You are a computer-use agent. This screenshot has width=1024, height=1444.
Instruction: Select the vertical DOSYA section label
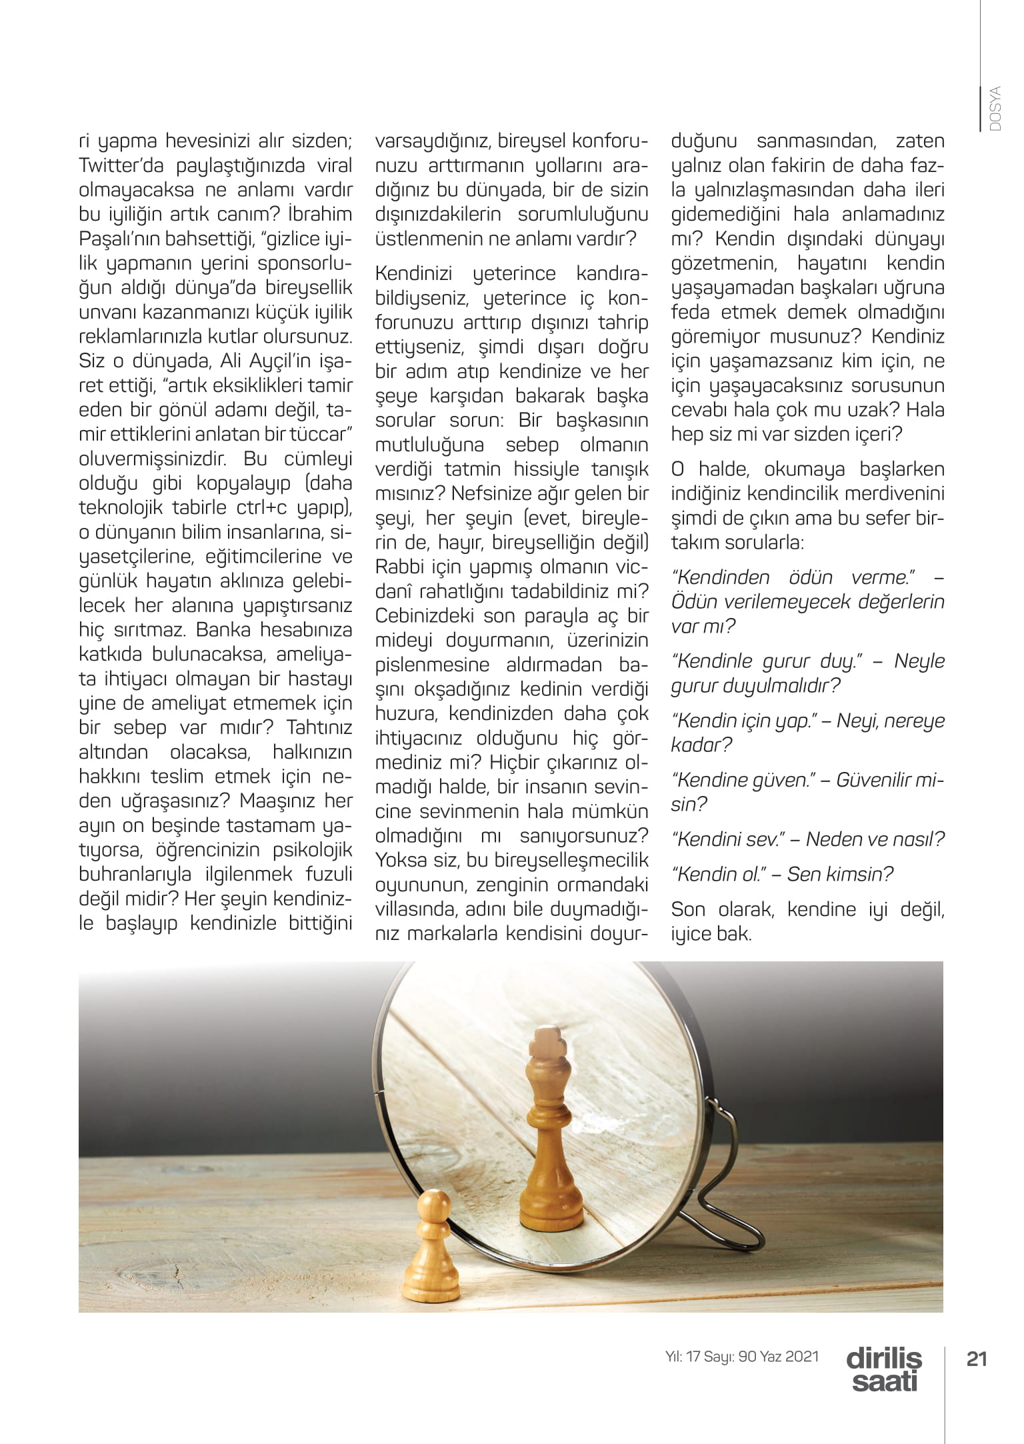click(996, 109)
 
